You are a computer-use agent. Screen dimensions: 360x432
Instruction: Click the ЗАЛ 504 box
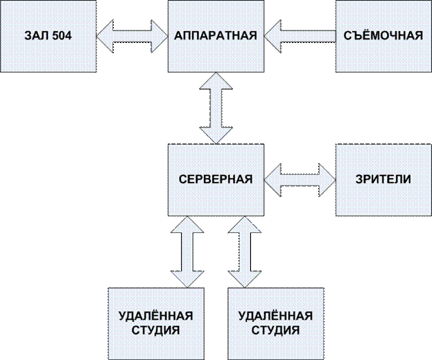click(48, 36)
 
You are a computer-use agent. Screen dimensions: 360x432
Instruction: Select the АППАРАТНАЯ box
click(216, 36)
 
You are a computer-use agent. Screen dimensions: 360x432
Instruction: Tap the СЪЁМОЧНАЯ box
click(383, 36)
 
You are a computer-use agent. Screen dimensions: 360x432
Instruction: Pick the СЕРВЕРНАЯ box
click(216, 179)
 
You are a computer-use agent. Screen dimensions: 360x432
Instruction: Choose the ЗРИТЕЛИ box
click(383, 179)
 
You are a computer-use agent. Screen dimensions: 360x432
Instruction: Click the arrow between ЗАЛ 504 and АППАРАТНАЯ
click(132, 36)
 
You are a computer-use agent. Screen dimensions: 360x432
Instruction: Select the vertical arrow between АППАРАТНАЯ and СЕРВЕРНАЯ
click(216, 108)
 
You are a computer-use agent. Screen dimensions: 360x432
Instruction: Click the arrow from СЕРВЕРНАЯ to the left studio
click(187, 250)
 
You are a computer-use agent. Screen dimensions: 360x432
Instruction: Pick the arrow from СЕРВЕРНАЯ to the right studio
click(243, 250)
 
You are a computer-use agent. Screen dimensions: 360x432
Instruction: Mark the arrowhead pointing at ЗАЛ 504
click(105, 36)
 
